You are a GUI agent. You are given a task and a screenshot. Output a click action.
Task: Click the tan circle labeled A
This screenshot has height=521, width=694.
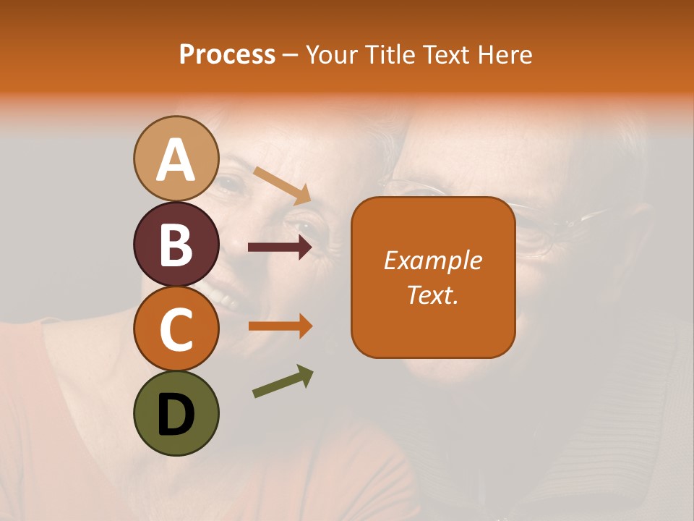coord(176,158)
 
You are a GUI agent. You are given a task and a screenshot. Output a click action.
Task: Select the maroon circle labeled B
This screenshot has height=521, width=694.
coord(176,244)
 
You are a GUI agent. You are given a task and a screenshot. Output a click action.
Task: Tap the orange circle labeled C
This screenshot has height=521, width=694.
coord(176,329)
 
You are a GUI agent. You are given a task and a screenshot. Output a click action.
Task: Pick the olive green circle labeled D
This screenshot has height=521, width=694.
coord(176,413)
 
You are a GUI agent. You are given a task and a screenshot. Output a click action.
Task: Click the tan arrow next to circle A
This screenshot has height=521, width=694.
coord(282,185)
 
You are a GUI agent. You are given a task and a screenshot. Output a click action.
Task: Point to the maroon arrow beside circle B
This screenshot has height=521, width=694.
coord(280,247)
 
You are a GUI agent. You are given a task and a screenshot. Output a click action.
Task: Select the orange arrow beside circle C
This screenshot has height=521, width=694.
coord(280,326)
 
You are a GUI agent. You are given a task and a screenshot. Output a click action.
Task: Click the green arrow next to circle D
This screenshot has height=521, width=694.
coord(283,381)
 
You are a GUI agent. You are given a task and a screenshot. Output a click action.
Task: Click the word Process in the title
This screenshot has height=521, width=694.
coord(227,54)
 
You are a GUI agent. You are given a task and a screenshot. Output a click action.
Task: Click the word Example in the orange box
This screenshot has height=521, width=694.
coord(432,260)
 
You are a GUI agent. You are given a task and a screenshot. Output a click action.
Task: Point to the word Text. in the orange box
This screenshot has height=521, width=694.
coord(432,295)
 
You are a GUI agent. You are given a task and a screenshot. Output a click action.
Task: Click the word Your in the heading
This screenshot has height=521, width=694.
coord(332,54)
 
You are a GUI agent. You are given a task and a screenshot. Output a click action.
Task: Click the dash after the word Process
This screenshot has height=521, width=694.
coord(291,55)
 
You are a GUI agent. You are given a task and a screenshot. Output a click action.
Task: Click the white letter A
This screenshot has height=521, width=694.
coord(176,160)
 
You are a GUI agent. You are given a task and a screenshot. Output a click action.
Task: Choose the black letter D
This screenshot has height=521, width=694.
coord(176,415)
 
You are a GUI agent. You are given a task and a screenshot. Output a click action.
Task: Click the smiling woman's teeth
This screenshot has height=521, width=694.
coord(223,295)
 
